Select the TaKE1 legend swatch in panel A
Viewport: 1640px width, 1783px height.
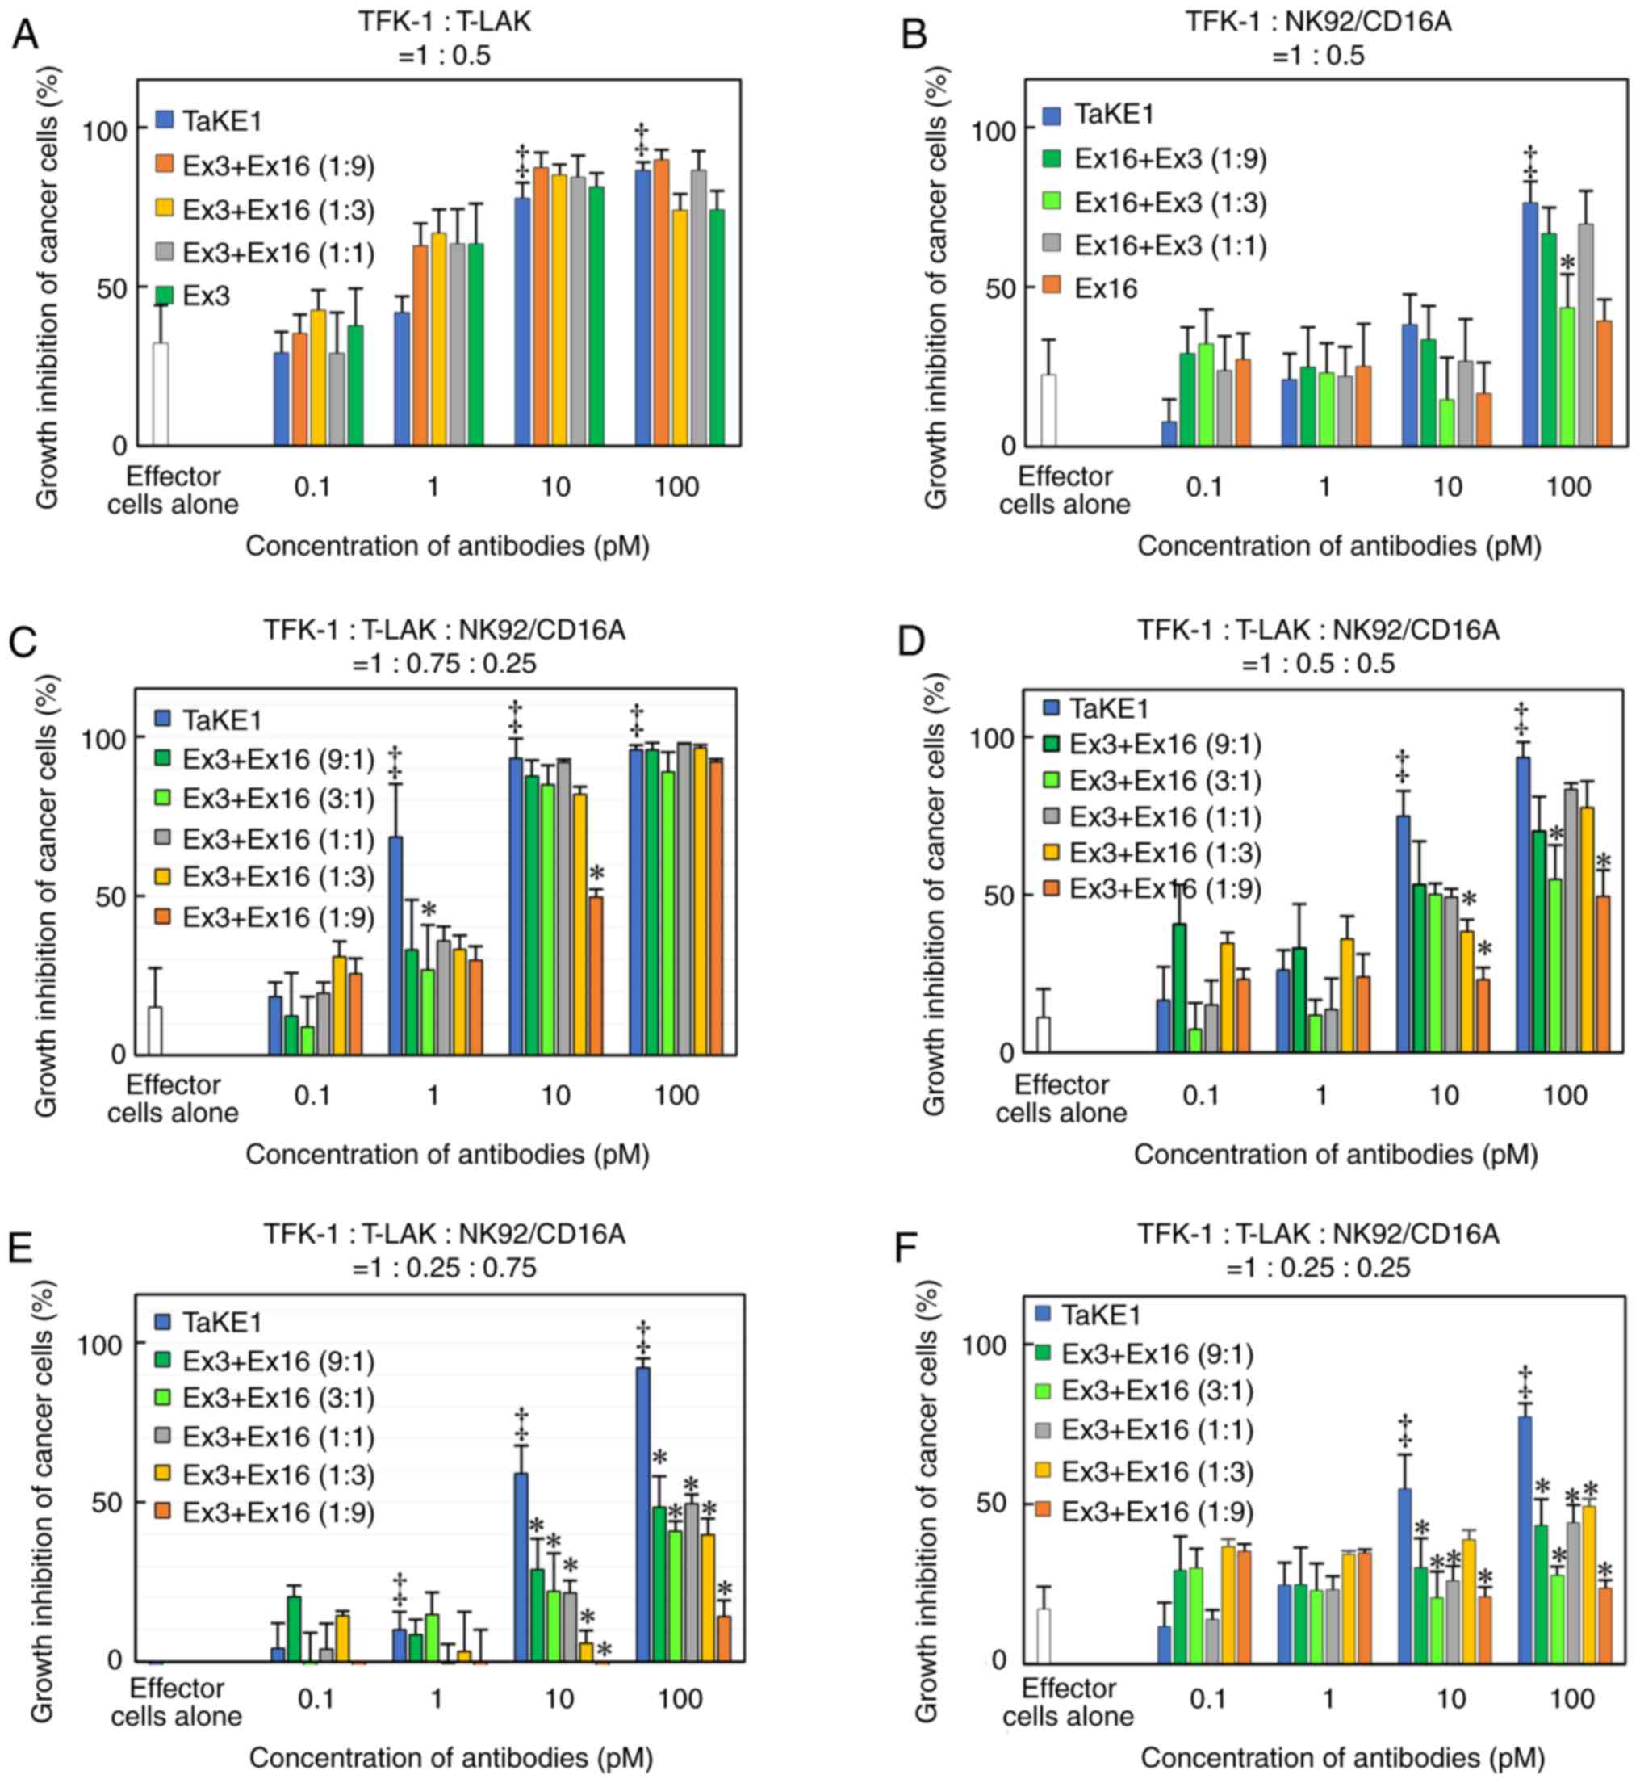click(x=164, y=120)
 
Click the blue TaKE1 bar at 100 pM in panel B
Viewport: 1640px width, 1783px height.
click(x=1530, y=324)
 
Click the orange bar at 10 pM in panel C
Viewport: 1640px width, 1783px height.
click(x=596, y=975)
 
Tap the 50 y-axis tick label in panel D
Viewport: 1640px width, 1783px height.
click(x=990, y=894)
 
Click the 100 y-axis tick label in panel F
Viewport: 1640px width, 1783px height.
click(x=985, y=1345)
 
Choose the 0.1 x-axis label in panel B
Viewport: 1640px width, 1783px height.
click(x=1203, y=487)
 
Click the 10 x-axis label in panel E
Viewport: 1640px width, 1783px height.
click(x=559, y=1700)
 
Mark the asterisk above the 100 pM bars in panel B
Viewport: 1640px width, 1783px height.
click(x=1567, y=264)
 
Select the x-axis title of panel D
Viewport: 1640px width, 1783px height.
click(x=1336, y=1154)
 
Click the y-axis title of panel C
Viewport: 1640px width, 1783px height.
click(x=46, y=895)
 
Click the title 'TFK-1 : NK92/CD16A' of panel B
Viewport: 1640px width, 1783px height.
click(x=1318, y=20)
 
